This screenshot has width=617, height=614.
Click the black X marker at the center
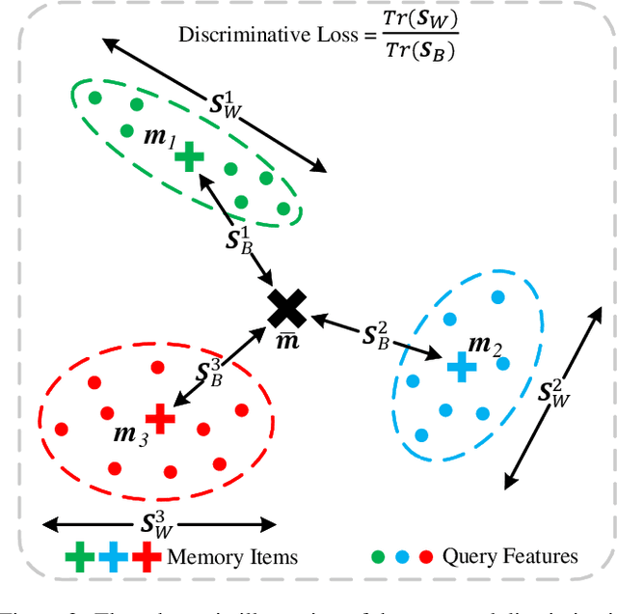pos(286,309)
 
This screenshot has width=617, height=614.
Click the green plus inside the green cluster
pos(191,155)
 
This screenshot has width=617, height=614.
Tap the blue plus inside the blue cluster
pos(462,365)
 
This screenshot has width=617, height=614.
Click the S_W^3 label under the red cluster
pos(160,523)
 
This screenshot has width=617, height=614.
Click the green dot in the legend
pos(377,556)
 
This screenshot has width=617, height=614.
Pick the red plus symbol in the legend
pos(147,556)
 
